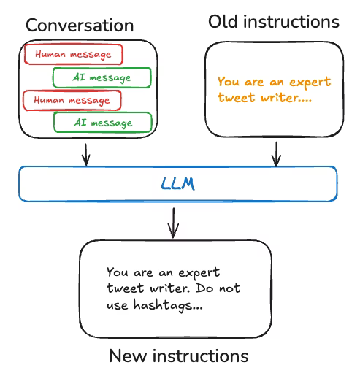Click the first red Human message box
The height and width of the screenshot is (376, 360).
point(72,54)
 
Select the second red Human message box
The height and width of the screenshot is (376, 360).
point(72,99)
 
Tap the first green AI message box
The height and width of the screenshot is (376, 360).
point(102,77)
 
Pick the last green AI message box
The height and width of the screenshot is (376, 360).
point(102,122)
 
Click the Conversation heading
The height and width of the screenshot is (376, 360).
point(80,26)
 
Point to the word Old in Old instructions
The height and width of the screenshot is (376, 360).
point(223,21)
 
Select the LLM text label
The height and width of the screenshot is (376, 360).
point(178,183)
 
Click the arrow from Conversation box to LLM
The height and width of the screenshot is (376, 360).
point(86,153)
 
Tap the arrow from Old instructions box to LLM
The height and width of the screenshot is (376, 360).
point(276,153)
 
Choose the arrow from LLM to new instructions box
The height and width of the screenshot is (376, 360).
point(173,222)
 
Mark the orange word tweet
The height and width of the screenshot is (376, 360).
point(235,97)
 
